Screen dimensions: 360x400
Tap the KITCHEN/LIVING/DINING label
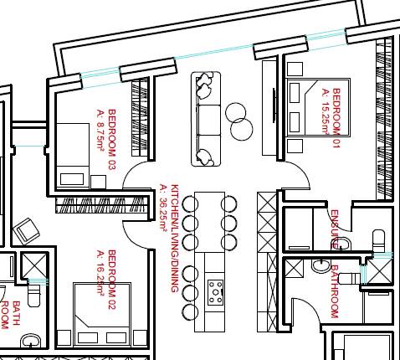click(174, 238)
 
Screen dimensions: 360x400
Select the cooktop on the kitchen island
click(216, 291)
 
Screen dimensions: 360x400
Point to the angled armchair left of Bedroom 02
click(27, 229)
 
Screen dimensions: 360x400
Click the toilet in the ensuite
click(378, 239)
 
